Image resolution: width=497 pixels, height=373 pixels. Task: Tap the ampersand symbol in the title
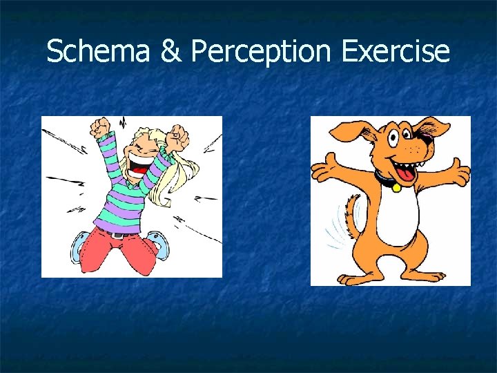coord(169,52)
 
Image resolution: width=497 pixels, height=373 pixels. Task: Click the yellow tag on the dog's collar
coord(396,187)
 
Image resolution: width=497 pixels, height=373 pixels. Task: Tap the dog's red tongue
coord(409,173)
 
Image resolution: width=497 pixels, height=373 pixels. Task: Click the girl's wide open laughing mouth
coord(142,164)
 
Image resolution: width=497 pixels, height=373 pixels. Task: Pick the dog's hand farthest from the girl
coord(461,170)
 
